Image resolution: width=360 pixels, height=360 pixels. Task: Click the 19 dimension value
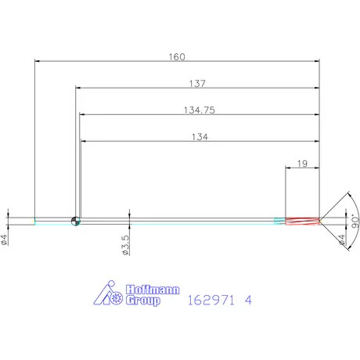pyautogui.click(x=302, y=164)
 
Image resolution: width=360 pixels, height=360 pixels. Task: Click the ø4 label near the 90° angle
pyautogui.click(x=340, y=240)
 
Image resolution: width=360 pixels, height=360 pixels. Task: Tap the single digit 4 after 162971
pyautogui.click(x=248, y=300)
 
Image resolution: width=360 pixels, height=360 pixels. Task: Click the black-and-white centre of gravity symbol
pyautogui.click(x=76, y=221)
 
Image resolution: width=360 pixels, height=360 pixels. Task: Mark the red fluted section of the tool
pyautogui.click(x=302, y=221)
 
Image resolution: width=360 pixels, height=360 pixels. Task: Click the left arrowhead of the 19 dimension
pyautogui.click(x=289, y=168)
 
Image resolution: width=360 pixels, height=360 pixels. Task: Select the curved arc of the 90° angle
pyautogui.click(x=349, y=221)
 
